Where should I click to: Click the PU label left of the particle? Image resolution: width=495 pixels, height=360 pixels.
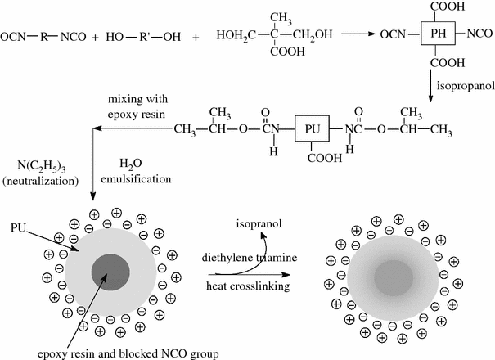[x=22, y=223]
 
